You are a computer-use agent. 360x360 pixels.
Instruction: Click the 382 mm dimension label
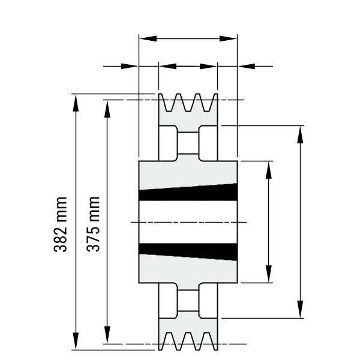coord(61,224)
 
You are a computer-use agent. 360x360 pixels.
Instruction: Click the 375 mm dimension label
coord(93,224)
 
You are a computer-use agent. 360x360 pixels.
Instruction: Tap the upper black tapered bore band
coord(188,193)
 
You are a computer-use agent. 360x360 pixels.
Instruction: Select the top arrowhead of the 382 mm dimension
coord(76,103)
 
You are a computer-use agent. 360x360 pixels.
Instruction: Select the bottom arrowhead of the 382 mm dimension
coord(76,341)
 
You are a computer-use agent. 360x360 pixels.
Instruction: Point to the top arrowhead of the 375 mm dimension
coord(107,109)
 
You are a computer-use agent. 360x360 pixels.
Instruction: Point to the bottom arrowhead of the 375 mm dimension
coord(107,335)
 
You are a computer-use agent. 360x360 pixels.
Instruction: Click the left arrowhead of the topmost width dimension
coord(148,38)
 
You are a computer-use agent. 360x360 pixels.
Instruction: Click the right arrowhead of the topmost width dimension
coord(228,38)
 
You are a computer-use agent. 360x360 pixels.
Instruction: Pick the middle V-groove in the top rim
coord(188,103)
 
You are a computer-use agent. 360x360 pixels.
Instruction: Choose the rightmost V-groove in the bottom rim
coord(207,341)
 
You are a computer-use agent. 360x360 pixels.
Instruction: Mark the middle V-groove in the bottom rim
coord(188,341)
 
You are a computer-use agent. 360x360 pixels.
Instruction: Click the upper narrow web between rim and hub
coord(188,143)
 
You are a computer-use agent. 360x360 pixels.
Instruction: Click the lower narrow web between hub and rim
coord(188,301)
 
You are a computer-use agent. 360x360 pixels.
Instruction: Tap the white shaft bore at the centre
coord(188,222)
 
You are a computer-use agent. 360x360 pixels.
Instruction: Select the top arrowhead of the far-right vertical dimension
coord(300,134)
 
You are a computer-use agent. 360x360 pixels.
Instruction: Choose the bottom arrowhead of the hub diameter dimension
coord(269,274)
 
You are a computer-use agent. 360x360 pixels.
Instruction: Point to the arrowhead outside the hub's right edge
coord(247,67)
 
